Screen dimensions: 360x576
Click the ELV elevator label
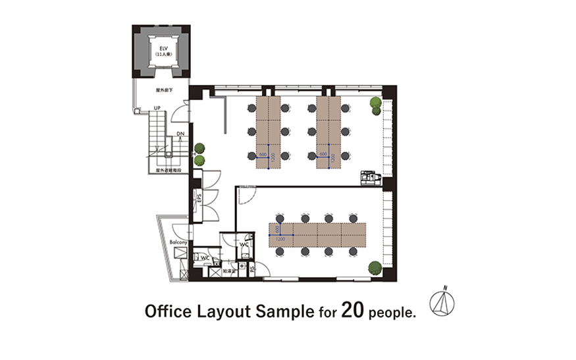click(x=160, y=48)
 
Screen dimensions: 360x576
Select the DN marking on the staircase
click(x=180, y=134)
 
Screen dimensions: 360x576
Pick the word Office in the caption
click(x=167, y=311)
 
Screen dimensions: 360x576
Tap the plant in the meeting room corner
click(x=374, y=267)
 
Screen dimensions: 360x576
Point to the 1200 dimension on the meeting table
click(x=280, y=239)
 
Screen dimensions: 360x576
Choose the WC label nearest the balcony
click(x=205, y=257)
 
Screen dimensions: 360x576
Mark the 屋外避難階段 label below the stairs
click(x=169, y=170)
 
